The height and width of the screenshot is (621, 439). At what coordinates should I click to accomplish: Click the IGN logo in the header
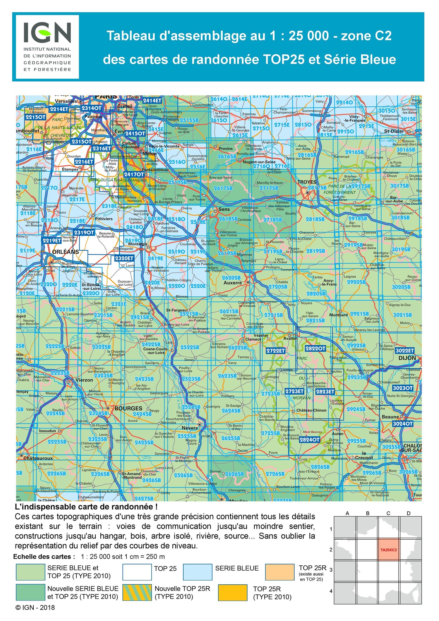click(x=47, y=47)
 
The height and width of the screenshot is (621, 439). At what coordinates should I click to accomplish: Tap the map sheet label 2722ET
click(x=275, y=350)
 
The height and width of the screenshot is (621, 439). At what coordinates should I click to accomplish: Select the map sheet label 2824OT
click(x=309, y=440)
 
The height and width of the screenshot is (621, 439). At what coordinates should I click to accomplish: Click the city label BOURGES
click(x=128, y=408)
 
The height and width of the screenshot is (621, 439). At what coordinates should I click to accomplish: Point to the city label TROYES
click(x=307, y=182)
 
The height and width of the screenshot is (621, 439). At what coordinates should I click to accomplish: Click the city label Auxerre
click(x=232, y=283)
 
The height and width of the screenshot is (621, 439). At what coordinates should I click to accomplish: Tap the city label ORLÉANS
click(x=65, y=252)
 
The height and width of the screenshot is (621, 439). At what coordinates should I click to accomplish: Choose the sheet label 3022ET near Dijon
click(x=405, y=351)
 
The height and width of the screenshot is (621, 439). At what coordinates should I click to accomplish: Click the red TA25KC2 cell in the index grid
click(x=388, y=550)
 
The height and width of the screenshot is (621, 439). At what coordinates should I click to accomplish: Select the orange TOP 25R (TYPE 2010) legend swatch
click(x=233, y=593)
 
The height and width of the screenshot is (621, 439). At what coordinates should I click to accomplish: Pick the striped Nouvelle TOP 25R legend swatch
click(x=137, y=593)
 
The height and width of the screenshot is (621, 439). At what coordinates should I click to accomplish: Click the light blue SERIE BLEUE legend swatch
click(x=198, y=572)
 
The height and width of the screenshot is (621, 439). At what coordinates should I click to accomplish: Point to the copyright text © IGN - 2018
click(x=35, y=608)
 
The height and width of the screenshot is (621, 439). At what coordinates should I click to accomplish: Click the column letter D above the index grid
click(x=409, y=513)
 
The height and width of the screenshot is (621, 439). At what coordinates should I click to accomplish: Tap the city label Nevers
click(x=189, y=428)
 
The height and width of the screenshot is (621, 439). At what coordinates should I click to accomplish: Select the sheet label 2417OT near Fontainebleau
click(x=134, y=174)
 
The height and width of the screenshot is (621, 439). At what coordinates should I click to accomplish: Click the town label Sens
click(x=224, y=209)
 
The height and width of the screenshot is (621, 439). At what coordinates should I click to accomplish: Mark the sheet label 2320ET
click(x=124, y=258)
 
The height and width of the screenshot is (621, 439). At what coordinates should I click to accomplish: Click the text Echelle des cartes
click(x=44, y=557)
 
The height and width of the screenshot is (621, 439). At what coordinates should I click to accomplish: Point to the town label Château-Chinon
click(x=311, y=410)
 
